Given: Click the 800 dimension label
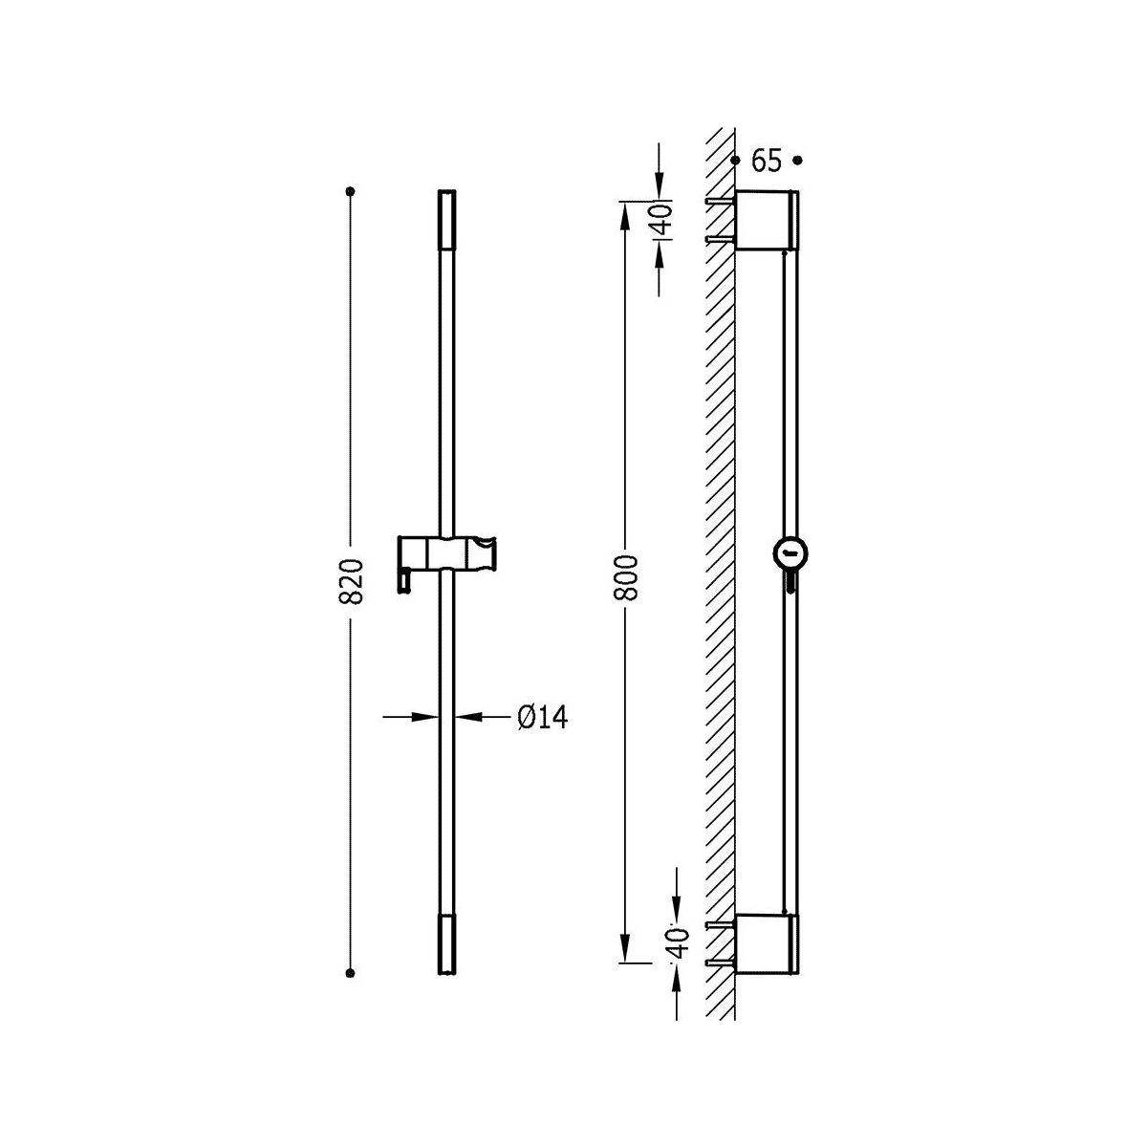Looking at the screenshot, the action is [x=626, y=577].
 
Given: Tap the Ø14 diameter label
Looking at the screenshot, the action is [x=543, y=718].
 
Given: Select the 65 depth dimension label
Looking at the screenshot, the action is [x=767, y=161].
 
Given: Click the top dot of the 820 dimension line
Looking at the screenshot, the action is [x=350, y=192].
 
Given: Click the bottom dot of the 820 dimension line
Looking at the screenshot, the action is [x=350, y=973].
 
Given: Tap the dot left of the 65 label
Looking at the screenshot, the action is [x=736, y=161].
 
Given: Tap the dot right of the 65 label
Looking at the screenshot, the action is [x=798, y=161].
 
